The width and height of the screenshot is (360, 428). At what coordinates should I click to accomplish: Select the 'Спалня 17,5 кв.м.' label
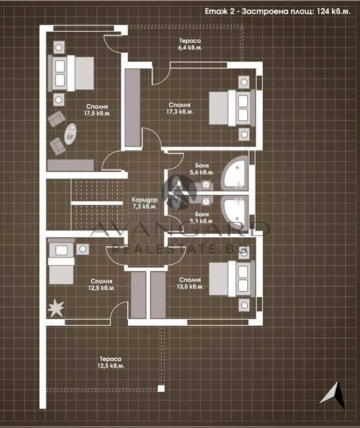point(97,109)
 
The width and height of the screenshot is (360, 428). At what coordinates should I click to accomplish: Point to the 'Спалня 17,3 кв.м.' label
point(179,108)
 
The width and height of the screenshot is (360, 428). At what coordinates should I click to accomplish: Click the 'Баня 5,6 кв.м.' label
point(202,169)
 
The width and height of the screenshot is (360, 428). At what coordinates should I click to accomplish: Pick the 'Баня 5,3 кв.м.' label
point(202,218)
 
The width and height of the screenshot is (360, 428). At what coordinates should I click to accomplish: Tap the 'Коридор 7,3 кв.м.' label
point(143,203)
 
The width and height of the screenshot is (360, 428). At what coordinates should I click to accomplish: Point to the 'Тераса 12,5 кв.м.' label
point(110,362)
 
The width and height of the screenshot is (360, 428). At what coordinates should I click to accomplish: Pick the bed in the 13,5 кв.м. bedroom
point(232,278)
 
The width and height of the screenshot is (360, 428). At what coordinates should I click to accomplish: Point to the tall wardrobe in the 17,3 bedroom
point(132,107)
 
